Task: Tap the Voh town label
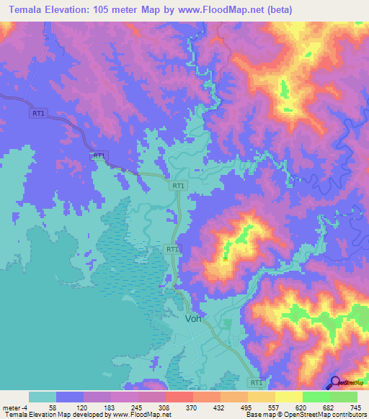(193, 318)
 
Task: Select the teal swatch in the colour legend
(42, 396)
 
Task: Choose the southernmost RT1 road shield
(256, 383)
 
